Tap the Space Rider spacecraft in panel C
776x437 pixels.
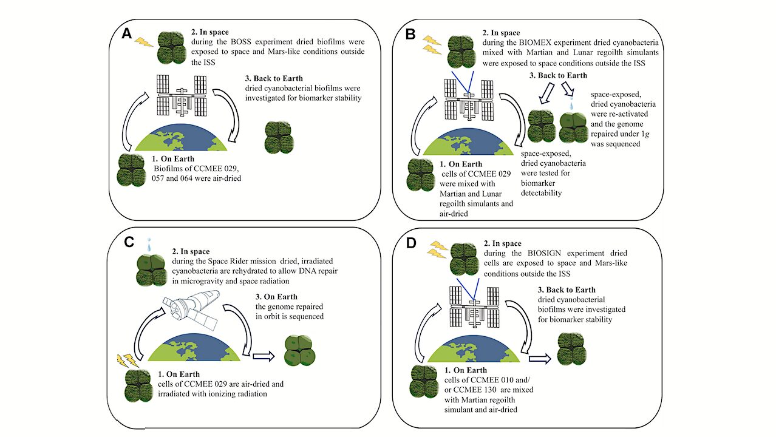(192, 311)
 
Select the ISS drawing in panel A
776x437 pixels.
(181, 96)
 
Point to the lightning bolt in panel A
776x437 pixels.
(143, 42)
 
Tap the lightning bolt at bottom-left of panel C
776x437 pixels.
(124, 361)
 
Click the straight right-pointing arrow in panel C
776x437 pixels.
(262, 357)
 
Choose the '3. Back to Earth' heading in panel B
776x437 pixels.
(559, 75)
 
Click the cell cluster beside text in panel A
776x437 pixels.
(279, 137)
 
